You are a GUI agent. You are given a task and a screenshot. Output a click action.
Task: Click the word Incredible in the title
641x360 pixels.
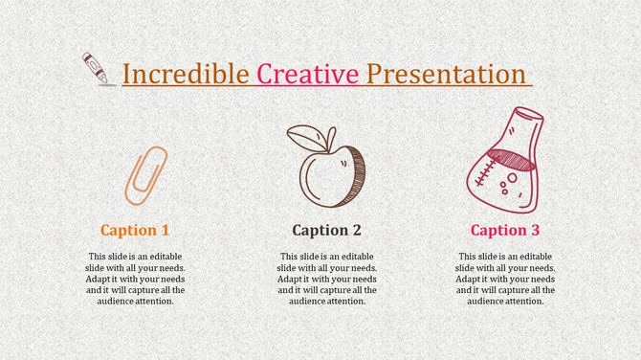(187, 74)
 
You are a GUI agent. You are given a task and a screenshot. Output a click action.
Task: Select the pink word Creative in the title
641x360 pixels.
(308, 74)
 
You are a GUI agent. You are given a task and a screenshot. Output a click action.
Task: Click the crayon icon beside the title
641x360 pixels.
(97, 68)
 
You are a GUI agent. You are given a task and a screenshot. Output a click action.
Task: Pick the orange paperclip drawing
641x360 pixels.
(145, 175)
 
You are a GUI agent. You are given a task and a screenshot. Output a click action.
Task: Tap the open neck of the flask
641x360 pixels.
(528, 120)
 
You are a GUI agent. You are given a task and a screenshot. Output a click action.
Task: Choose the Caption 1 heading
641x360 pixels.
(135, 230)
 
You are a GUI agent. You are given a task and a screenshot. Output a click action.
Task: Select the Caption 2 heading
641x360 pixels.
(326, 230)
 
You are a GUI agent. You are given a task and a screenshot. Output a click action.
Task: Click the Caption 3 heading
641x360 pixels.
(505, 230)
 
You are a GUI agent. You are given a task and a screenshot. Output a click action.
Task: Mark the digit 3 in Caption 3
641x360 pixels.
(535, 230)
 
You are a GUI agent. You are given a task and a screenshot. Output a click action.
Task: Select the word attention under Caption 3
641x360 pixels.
(525, 301)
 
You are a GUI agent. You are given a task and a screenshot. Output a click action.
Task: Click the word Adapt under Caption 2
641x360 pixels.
(291, 279)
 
